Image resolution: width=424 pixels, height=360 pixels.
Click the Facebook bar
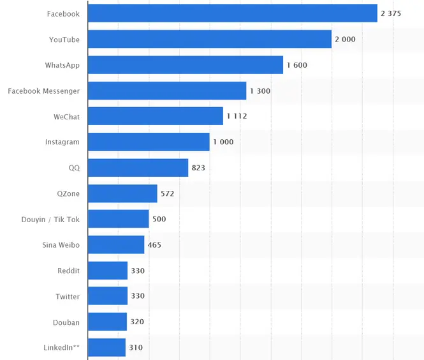(x=232, y=13)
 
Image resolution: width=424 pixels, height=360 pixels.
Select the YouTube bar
(x=209, y=40)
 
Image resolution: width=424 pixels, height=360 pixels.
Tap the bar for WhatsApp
(x=185, y=65)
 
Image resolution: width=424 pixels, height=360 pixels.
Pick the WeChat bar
(x=155, y=116)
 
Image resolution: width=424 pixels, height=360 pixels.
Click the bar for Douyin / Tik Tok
(x=118, y=219)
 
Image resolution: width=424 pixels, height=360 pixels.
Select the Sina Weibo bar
(x=116, y=245)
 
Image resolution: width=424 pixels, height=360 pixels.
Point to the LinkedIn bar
(x=106, y=348)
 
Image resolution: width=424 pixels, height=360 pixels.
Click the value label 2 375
(x=391, y=13)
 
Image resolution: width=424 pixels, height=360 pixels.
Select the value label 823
(x=198, y=168)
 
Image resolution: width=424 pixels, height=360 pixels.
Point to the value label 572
(x=167, y=193)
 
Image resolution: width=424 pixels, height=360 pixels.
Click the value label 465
(x=154, y=245)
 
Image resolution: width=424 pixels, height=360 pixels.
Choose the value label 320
(x=137, y=322)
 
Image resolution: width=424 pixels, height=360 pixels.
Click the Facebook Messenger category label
(x=44, y=91)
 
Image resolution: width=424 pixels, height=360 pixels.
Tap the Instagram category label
(x=62, y=142)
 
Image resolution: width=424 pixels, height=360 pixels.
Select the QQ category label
(x=74, y=168)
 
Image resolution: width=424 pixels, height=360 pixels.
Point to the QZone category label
(x=68, y=193)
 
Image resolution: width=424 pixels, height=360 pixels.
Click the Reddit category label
(x=68, y=271)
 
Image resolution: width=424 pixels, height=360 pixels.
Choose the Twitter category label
(x=68, y=297)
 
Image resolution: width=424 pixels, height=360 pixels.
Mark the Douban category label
(x=66, y=322)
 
